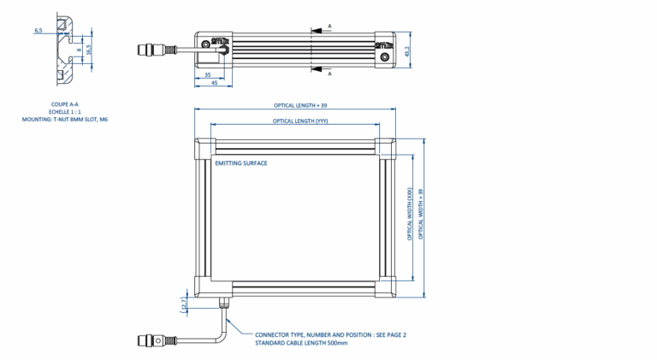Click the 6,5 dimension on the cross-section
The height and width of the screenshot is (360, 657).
tap(38, 30)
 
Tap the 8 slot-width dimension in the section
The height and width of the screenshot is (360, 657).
tap(80, 50)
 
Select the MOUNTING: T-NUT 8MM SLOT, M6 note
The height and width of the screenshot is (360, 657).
tap(65, 120)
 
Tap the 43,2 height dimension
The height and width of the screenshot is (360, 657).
tap(408, 50)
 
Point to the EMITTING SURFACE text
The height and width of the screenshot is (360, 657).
tap(240, 162)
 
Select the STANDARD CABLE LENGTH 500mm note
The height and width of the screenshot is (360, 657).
tap(301, 343)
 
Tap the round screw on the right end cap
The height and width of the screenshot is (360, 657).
tap(386, 57)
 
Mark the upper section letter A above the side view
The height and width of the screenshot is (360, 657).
tap(329, 27)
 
